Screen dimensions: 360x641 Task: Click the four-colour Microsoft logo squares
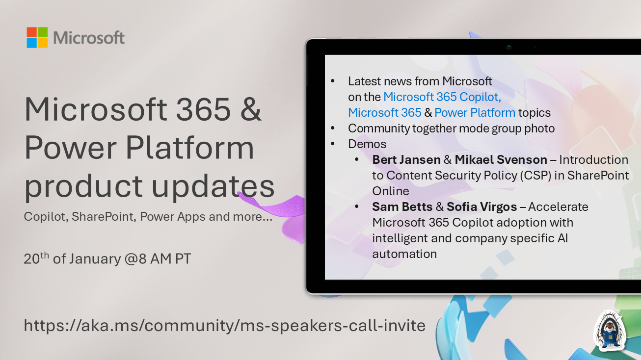[x=37, y=38]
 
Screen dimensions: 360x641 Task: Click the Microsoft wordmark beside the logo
[x=89, y=38]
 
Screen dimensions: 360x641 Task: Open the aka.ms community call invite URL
[x=224, y=325]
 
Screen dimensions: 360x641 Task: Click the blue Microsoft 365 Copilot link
[x=442, y=97]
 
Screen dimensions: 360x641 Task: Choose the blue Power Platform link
[x=475, y=113]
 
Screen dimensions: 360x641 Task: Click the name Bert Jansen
[x=406, y=160]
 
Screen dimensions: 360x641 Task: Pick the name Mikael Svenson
[x=501, y=160]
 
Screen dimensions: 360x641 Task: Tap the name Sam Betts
[x=402, y=207]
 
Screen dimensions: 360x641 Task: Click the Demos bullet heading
[x=367, y=144]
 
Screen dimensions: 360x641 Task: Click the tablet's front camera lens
[x=509, y=47]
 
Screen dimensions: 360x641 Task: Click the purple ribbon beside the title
[x=275, y=206]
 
